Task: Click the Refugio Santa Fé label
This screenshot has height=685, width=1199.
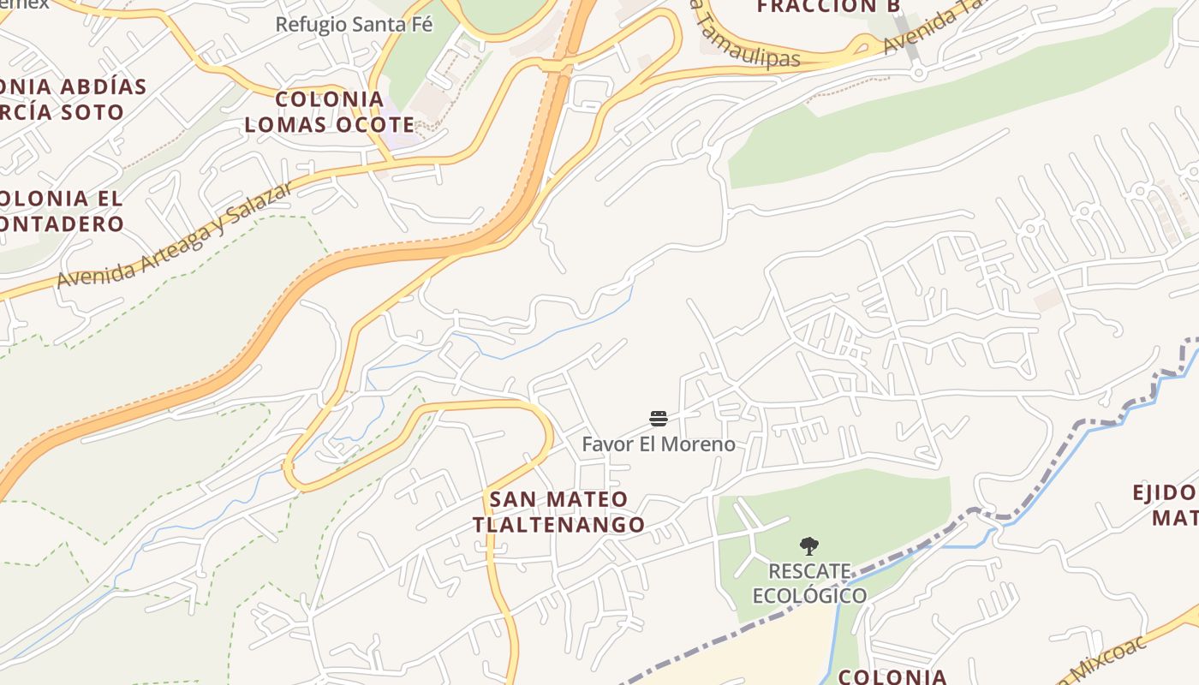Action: [x=354, y=24]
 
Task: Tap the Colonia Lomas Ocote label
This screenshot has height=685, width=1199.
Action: [x=329, y=111]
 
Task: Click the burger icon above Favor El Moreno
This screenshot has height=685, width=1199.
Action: [x=658, y=418]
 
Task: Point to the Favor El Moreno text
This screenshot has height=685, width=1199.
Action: [x=658, y=444]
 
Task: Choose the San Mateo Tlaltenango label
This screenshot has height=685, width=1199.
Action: [x=558, y=511]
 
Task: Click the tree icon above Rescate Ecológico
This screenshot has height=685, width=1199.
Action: [x=808, y=545]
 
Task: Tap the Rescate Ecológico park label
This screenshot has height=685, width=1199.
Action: [x=808, y=583]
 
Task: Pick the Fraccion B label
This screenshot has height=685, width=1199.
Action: [x=817, y=7]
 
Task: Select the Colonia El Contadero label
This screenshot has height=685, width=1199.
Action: [x=60, y=211]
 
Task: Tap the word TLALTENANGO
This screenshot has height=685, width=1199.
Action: [x=558, y=524]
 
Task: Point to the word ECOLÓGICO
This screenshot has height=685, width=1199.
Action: [x=809, y=595]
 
